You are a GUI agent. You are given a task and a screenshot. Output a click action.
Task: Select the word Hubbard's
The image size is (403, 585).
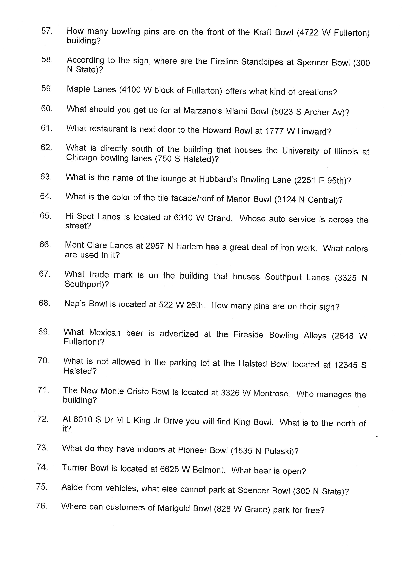click(218, 179)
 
